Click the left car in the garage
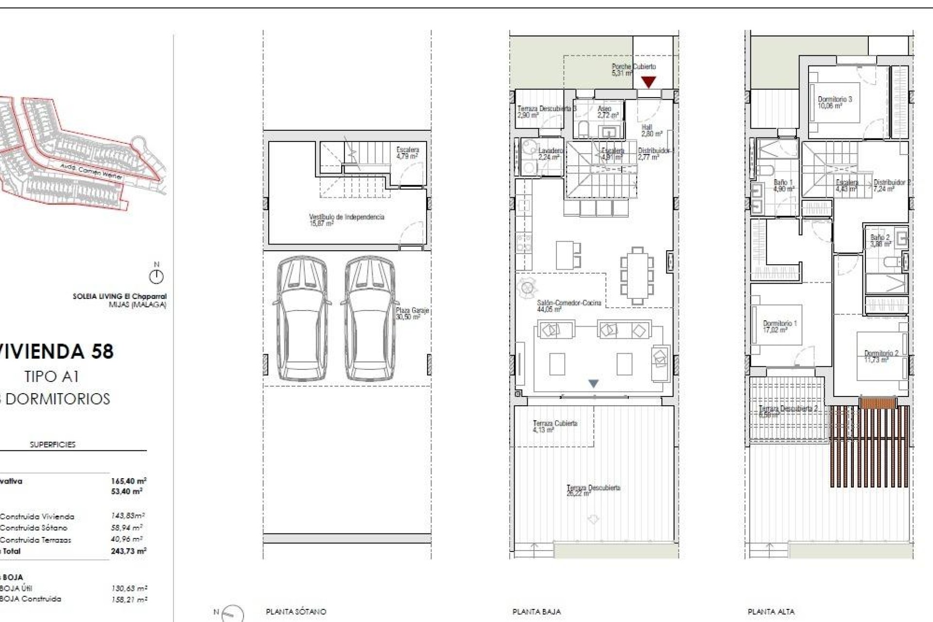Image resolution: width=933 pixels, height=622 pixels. point(302,319)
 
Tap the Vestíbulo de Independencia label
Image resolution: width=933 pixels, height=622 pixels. point(346,220)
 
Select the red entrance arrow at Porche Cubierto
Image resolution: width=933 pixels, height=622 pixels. point(649,82)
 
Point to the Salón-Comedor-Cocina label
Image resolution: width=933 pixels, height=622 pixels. point(569,306)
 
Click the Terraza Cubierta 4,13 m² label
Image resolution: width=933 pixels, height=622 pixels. point(554,426)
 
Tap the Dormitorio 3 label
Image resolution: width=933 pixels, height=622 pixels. point(834,102)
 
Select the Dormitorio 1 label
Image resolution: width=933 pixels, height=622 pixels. point(779,326)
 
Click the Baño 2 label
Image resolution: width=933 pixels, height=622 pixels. point(880,241)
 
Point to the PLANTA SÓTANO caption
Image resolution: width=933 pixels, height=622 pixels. point(296,611)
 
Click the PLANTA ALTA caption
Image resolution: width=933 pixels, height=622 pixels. point(771,611)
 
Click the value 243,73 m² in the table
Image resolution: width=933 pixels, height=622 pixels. point(128,551)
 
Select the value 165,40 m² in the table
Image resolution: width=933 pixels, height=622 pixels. point(128,481)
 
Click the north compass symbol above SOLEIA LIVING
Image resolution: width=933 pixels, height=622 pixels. point(156,276)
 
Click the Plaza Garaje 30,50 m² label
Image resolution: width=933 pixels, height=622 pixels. point(412,313)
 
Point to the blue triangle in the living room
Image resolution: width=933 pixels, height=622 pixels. point(593,383)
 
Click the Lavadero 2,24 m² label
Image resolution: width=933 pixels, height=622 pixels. point(550,154)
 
